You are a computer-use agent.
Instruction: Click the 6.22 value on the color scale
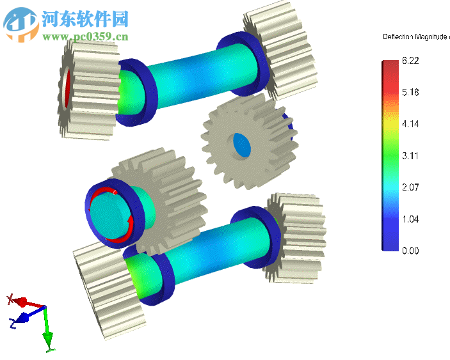[x=411, y=61]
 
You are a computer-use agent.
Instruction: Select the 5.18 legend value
[x=411, y=93]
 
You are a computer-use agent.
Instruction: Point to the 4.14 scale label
[x=411, y=124]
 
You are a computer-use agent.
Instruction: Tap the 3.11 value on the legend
[x=411, y=155]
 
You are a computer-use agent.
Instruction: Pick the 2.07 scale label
[x=411, y=187]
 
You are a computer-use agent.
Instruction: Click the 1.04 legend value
[x=411, y=219]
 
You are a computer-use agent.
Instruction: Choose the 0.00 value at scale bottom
[x=411, y=251]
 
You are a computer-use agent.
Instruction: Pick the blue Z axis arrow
[x=23, y=317]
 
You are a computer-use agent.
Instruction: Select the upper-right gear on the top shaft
[x=282, y=51]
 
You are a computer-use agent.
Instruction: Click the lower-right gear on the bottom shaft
[x=294, y=237]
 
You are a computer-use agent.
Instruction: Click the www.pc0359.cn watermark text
[x=86, y=36]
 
